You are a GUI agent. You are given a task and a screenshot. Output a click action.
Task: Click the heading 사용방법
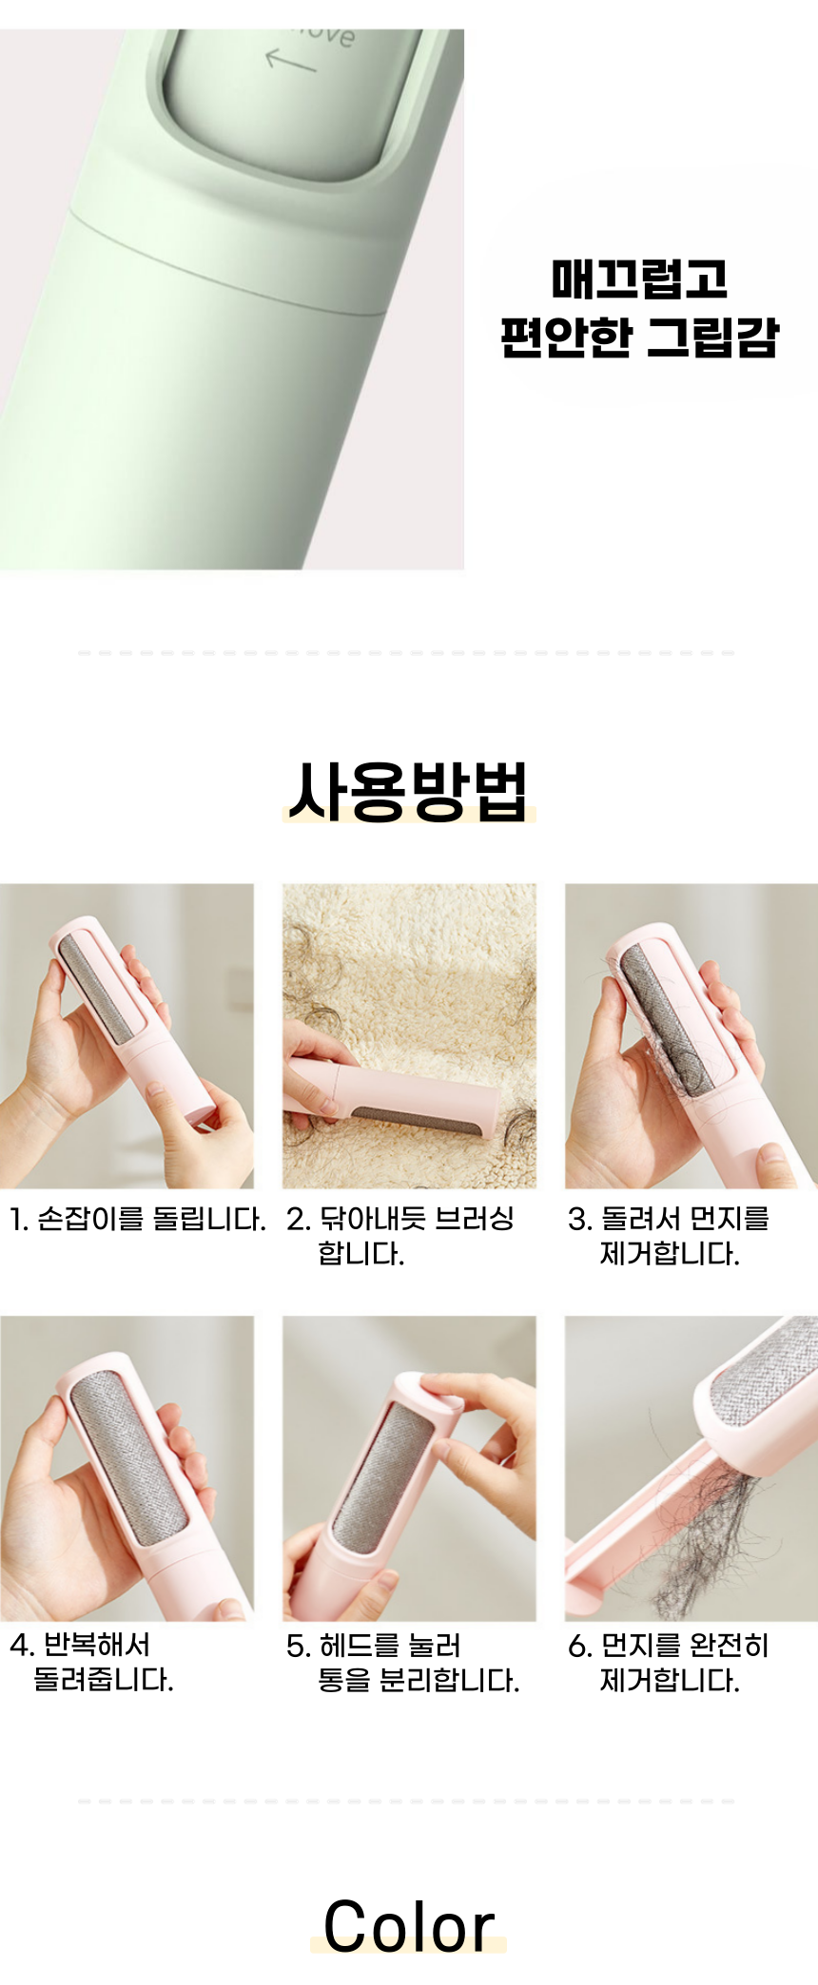tap(409, 791)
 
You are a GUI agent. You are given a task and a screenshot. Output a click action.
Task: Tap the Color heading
tap(409, 1926)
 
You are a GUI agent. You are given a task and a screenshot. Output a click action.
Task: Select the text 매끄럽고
tap(639, 279)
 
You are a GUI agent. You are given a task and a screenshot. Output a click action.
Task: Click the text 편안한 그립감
tap(639, 337)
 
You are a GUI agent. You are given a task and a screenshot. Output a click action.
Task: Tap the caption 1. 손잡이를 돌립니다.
tap(137, 1219)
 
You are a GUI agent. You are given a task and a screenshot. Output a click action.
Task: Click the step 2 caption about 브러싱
tap(400, 1236)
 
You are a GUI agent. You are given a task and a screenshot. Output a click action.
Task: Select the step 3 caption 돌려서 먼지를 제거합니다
tap(669, 1236)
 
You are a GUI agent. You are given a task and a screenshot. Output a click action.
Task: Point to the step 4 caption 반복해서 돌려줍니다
tap(91, 1662)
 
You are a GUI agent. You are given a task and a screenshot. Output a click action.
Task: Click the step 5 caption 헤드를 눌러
tap(374, 1646)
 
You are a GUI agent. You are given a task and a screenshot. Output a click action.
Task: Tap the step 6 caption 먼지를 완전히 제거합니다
tap(669, 1663)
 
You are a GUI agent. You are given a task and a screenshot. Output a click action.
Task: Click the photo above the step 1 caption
tap(127, 1036)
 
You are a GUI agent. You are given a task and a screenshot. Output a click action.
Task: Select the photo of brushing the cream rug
tap(409, 1036)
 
